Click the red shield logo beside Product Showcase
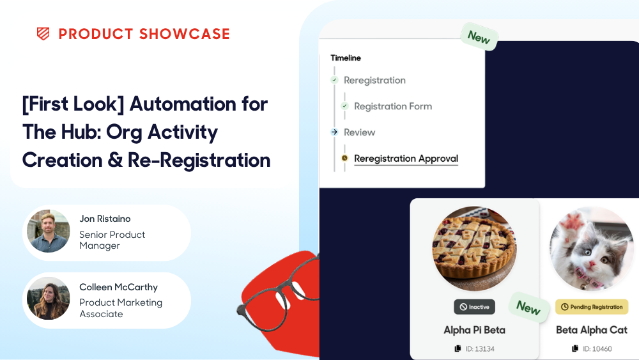[43, 34]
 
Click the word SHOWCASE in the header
[185, 34]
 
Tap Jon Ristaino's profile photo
[48, 231]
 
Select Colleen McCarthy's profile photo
[48, 299]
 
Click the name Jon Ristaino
[105, 219]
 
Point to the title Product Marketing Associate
[121, 308]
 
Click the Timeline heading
[346, 58]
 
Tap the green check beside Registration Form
[345, 106]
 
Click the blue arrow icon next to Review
[335, 132]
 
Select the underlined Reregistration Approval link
[406, 159]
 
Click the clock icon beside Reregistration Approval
[345, 158]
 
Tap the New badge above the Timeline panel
[479, 37]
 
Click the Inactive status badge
[474, 307]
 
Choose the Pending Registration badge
[592, 307]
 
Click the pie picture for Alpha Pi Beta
[474, 248]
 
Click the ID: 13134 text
[480, 349]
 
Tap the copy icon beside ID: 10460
[575, 348]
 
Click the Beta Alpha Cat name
[592, 330]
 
